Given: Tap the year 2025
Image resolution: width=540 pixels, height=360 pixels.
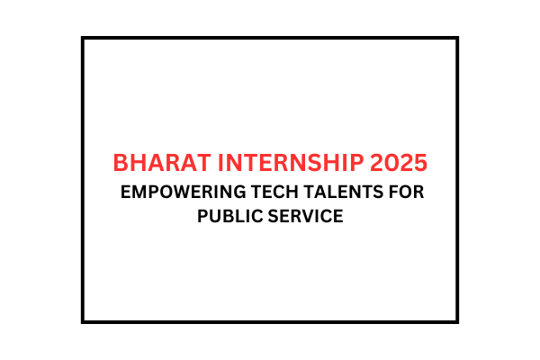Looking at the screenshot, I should tap(397, 164).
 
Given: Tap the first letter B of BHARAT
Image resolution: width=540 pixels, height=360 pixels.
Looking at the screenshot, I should tap(121, 164).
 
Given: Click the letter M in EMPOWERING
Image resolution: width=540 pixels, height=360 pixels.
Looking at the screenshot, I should tap(140, 193).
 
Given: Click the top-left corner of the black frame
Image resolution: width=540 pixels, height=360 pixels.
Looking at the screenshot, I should tap(83, 38).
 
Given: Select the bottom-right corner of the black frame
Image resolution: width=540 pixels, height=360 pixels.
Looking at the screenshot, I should tap(457, 321).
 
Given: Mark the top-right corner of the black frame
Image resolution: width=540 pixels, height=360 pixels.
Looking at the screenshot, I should tap(457, 38).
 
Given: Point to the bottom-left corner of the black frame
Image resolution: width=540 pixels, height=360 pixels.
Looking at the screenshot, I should tap(83, 321).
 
